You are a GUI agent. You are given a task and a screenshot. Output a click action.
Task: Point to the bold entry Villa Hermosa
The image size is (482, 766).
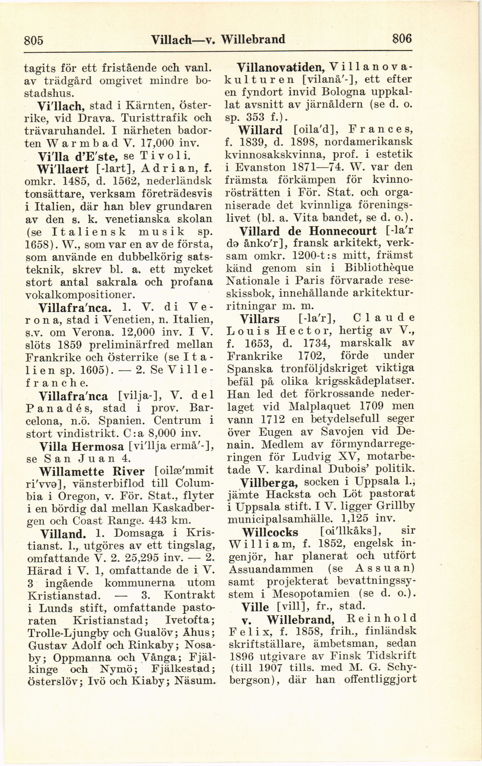coord(81,447)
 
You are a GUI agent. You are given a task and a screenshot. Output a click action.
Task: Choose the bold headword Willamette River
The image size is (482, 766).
coord(92,471)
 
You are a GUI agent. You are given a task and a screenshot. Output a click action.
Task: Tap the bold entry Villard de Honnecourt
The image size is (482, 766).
coord(307,231)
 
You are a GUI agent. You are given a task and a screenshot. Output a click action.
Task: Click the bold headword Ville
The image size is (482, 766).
coord(255,607)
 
